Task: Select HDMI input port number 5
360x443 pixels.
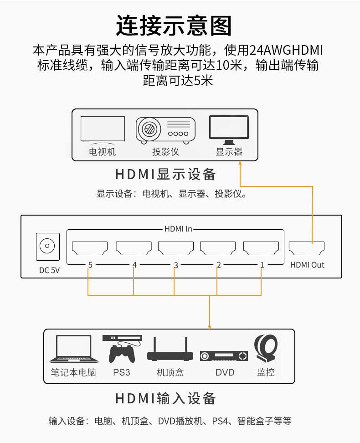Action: tap(90, 248)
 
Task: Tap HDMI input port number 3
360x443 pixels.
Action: tap(175, 248)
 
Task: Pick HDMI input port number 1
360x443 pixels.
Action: tap(261, 248)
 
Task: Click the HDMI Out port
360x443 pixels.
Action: tap(307, 248)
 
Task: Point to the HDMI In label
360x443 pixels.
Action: tap(178, 229)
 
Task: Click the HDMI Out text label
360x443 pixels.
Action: tap(307, 265)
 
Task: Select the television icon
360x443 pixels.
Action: tap(103, 130)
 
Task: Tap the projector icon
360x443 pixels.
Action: tap(165, 130)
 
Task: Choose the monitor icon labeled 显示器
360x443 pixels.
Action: tap(229, 130)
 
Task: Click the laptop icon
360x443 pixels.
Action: tap(74, 349)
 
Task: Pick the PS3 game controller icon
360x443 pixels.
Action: tap(122, 349)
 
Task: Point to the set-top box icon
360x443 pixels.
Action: tap(170, 349)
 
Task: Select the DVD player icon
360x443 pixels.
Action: tap(223, 356)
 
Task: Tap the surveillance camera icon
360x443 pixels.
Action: tap(266, 349)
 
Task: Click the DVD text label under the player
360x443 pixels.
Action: tap(225, 372)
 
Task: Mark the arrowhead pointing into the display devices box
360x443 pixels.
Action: tap(240, 163)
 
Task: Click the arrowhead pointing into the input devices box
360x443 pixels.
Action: tap(209, 327)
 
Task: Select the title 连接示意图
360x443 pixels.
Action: tap(174, 26)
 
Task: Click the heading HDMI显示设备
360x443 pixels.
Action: tap(165, 174)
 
